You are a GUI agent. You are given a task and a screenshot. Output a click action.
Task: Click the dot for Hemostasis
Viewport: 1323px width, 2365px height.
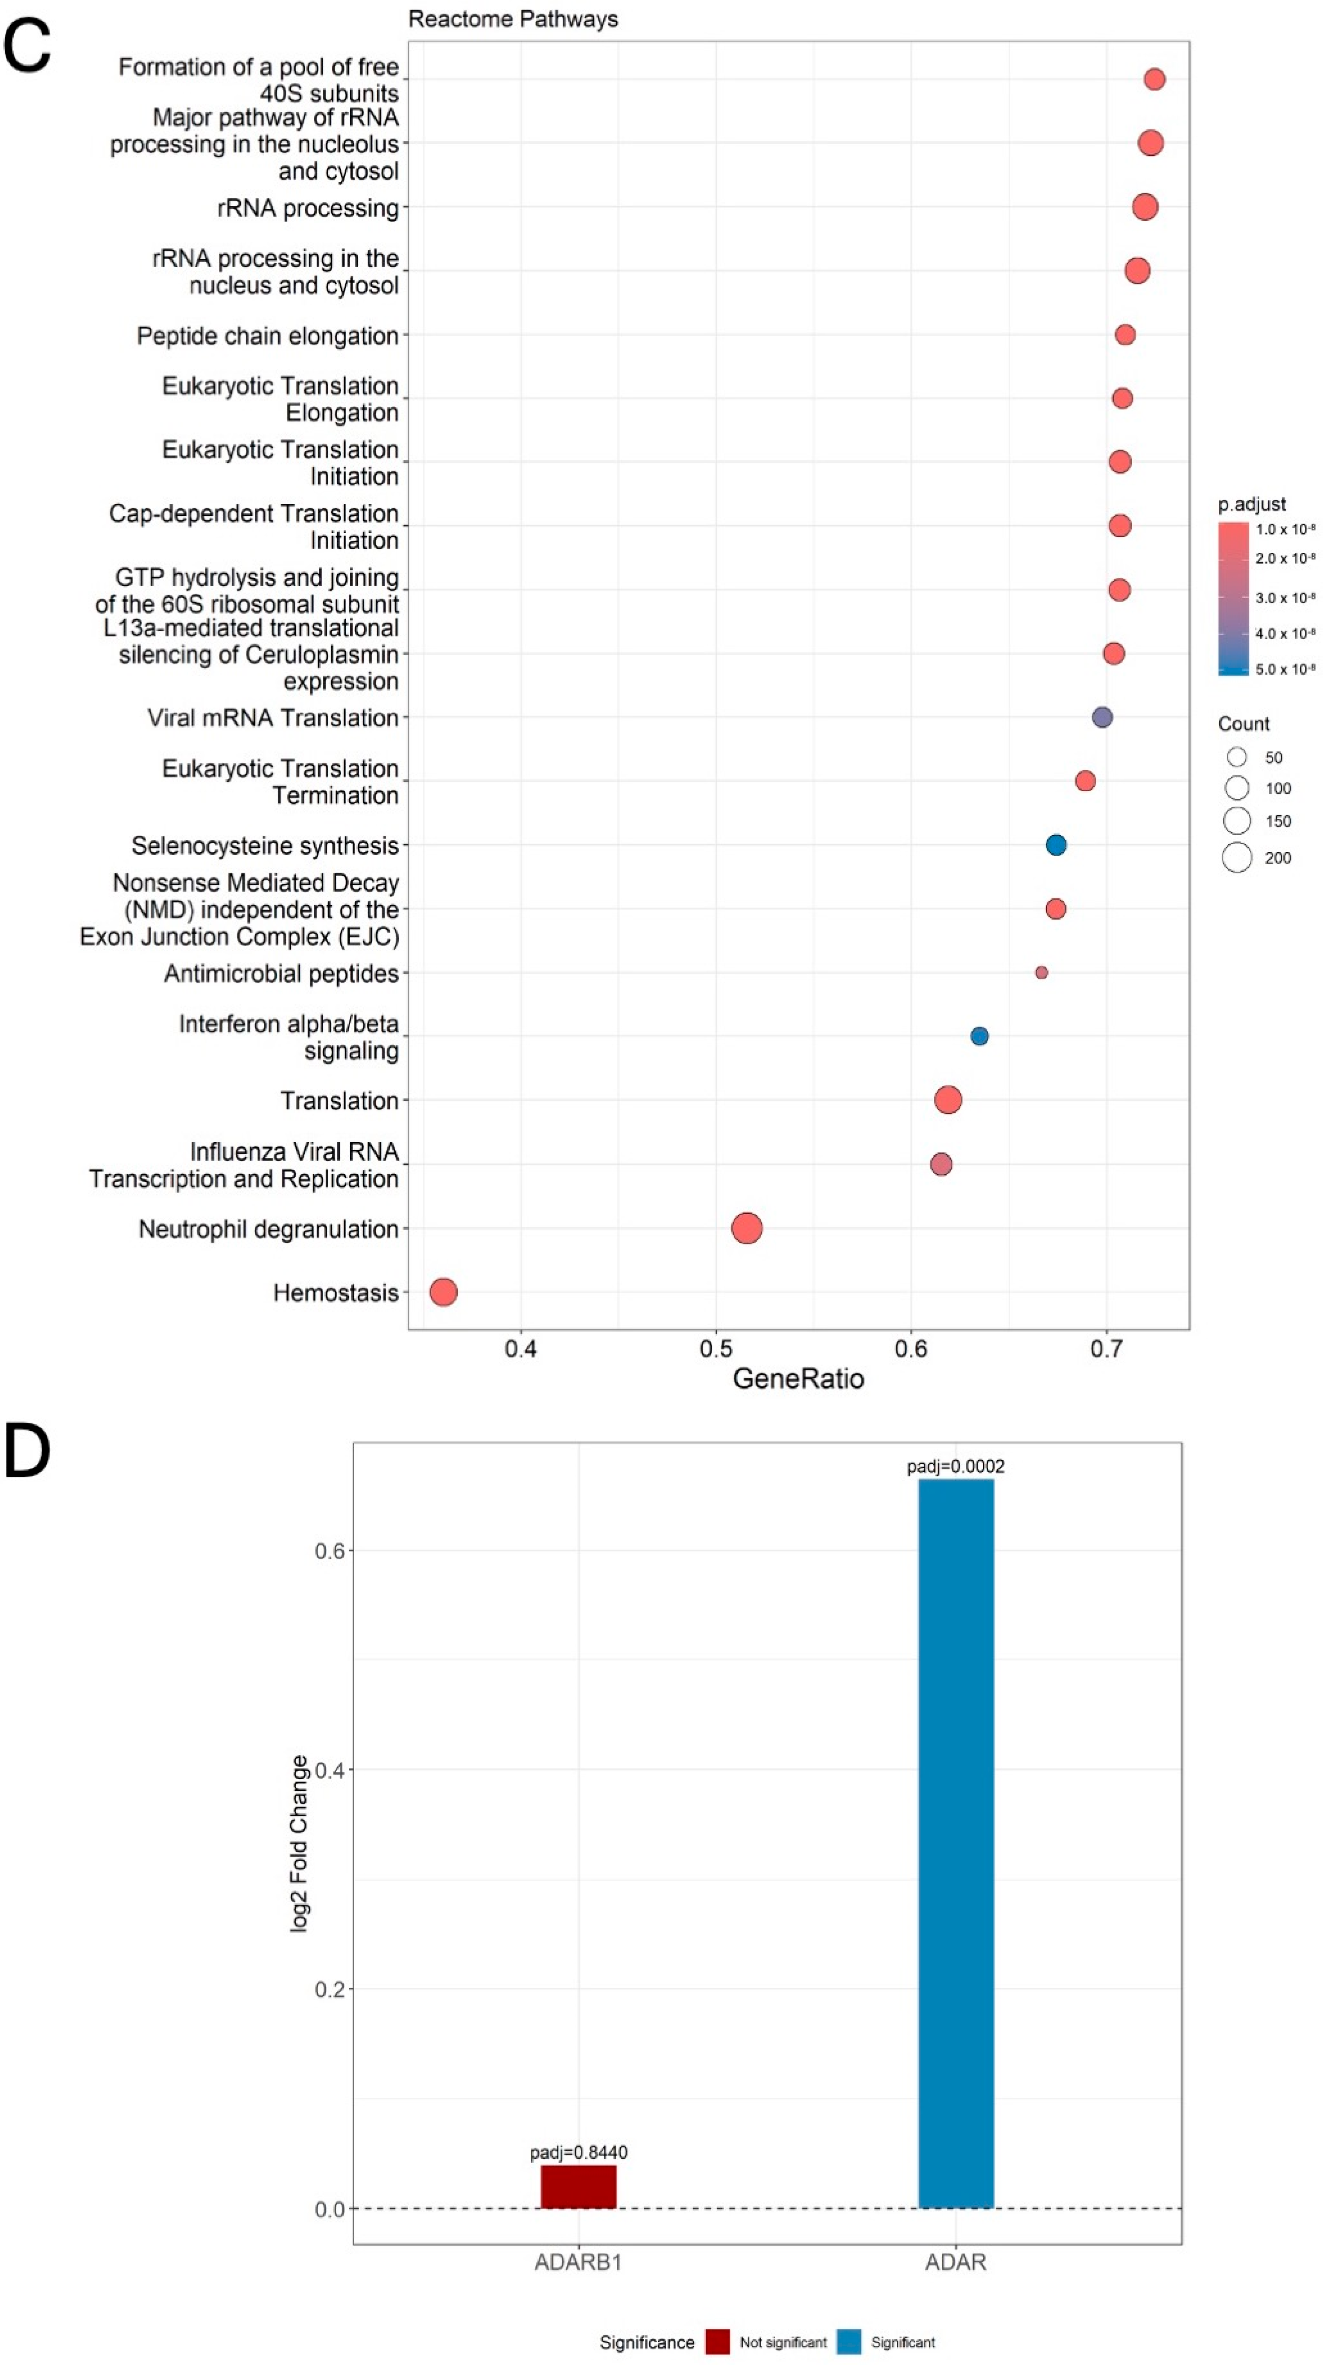click(x=444, y=1292)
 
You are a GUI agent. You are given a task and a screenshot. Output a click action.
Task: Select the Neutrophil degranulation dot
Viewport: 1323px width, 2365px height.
click(x=746, y=1228)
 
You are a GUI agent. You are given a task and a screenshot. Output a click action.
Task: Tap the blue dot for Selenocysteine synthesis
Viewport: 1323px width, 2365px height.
click(x=1056, y=845)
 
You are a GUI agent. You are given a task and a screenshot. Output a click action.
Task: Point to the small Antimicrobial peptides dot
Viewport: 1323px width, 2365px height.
click(x=1041, y=972)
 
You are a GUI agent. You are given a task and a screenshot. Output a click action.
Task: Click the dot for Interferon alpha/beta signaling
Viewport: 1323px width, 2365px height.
click(x=980, y=1035)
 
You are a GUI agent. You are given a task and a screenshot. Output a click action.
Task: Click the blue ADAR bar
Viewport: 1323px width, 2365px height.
click(x=956, y=1844)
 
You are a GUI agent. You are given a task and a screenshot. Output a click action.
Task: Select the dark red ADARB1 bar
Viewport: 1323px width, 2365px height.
click(x=578, y=2186)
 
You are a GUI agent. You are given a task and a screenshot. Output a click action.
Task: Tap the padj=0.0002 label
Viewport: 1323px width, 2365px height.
click(x=956, y=1466)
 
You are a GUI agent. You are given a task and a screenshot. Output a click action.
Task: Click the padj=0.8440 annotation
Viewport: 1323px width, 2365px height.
click(x=578, y=2152)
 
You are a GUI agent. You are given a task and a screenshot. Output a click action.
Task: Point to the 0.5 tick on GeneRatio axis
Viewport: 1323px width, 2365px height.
click(x=716, y=1349)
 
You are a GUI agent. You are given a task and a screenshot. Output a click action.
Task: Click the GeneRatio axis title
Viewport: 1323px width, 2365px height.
click(x=798, y=1379)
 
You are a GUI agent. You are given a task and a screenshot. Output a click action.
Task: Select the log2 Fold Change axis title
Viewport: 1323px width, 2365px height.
click(x=298, y=1844)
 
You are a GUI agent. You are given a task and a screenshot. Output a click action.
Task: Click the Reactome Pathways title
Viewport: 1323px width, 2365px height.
click(x=513, y=19)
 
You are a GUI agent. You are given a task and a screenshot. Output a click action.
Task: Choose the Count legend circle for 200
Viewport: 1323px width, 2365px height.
click(x=1237, y=857)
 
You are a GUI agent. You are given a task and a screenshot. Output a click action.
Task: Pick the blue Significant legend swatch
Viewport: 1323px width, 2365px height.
click(x=849, y=2341)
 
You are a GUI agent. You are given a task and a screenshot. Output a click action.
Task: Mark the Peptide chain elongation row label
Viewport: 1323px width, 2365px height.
click(x=267, y=336)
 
